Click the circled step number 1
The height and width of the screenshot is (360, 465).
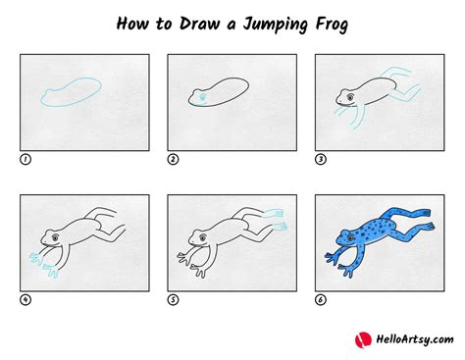pyautogui.click(x=25, y=158)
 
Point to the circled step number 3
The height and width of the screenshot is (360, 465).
pyautogui.click(x=319, y=158)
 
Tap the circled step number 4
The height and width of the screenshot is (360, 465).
pyautogui.click(x=25, y=299)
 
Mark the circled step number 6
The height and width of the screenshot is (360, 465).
pyautogui.click(x=319, y=299)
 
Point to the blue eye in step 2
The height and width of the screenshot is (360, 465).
pyautogui.click(x=200, y=96)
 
